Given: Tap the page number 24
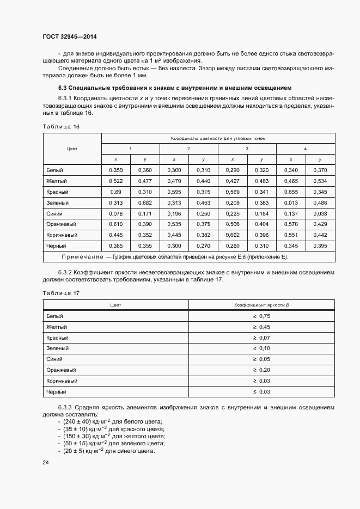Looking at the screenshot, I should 45,463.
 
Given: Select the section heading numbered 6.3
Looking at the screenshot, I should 175,88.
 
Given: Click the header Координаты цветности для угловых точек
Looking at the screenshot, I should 218,138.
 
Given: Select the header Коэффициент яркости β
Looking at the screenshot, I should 261,305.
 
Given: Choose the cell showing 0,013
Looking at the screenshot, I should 291,203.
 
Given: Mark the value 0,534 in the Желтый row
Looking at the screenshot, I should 320,181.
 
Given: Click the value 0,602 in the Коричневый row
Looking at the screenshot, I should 233,235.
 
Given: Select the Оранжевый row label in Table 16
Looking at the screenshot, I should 61,224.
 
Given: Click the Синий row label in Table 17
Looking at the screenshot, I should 54,359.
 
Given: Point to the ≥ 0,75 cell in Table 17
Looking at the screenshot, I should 261,316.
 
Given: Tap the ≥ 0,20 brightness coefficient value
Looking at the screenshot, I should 261,370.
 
